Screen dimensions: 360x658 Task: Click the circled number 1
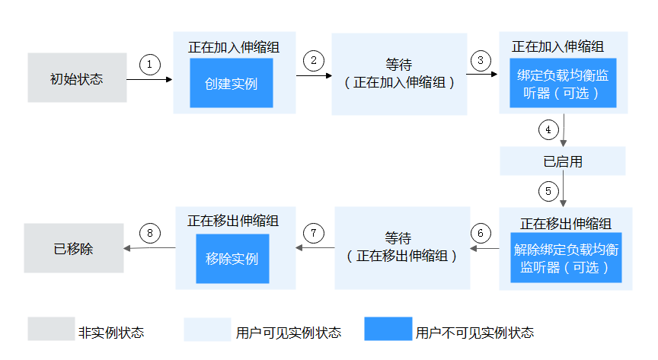pyautogui.click(x=150, y=65)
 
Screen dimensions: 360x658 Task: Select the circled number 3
pyautogui.click(x=480, y=60)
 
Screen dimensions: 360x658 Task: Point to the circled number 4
pyautogui.click(x=548, y=129)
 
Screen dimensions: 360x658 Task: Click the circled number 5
pyautogui.click(x=547, y=190)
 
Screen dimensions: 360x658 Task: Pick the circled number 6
pyautogui.click(x=481, y=232)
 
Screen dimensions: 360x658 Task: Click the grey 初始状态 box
pyautogui.click(x=77, y=78)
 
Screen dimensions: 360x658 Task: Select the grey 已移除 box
pyautogui.click(x=73, y=248)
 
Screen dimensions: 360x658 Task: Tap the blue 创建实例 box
pyautogui.click(x=231, y=83)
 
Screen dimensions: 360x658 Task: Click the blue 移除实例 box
pyautogui.click(x=232, y=259)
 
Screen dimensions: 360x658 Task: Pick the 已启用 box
pyautogui.click(x=563, y=161)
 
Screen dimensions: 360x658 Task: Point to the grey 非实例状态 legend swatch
pyautogui.click(x=52, y=329)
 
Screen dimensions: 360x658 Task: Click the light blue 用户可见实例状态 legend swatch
pyautogui.click(x=207, y=329)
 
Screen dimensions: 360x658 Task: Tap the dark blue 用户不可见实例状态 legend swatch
pyautogui.click(x=388, y=329)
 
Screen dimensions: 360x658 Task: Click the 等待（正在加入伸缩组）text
pyautogui.click(x=398, y=74)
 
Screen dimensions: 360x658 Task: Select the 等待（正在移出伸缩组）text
pyautogui.click(x=401, y=247)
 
